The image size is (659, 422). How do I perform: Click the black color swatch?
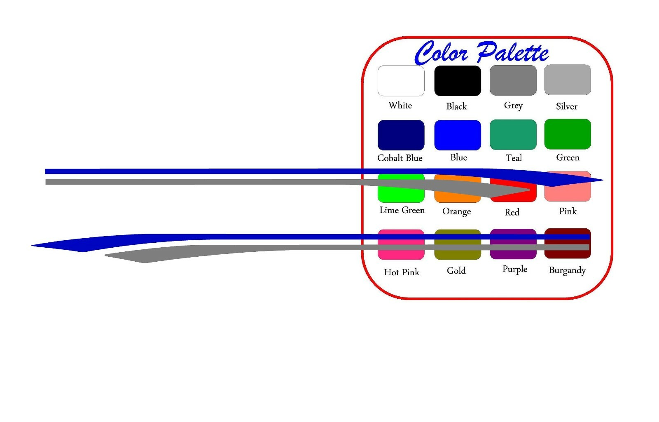click(x=458, y=81)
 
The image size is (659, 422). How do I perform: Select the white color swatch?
click(x=401, y=81)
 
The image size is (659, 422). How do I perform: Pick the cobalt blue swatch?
click(x=401, y=135)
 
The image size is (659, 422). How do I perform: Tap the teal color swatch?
click(x=513, y=134)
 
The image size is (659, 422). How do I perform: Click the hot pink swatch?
click(x=401, y=244)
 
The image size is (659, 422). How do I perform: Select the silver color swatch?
click(x=568, y=80)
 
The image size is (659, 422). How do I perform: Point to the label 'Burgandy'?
click(x=567, y=270)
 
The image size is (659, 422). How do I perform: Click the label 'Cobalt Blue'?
click(x=400, y=158)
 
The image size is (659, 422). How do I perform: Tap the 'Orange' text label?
click(x=457, y=211)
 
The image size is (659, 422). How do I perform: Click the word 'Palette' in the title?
click(x=512, y=52)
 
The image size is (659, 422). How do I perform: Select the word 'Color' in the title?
click(x=441, y=53)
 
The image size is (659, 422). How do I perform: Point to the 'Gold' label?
click(x=456, y=270)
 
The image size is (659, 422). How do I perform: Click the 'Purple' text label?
click(x=515, y=269)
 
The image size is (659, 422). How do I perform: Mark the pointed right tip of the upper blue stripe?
click(x=603, y=180)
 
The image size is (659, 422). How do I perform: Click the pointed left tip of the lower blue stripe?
click(x=32, y=245)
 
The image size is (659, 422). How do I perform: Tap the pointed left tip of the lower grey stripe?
click(x=105, y=256)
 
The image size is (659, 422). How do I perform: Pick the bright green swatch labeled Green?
click(x=568, y=134)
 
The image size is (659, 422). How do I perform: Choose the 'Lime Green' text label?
click(x=402, y=210)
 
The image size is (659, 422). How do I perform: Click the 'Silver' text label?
click(x=567, y=106)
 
